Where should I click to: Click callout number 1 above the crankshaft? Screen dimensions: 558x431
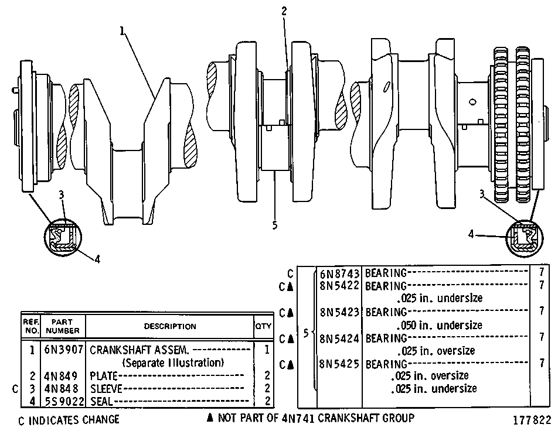click(123, 31)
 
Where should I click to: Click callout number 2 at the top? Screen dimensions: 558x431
click(284, 11)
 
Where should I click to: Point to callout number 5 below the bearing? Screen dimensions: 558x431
click(274, 225)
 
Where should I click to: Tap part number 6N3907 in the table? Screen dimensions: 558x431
click(64, 350)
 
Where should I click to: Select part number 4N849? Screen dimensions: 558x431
click(60, 375)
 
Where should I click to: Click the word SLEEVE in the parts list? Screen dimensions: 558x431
click(106, 388)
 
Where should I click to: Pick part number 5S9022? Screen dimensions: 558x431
click(64, 402)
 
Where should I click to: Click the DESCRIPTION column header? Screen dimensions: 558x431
click(170, 326)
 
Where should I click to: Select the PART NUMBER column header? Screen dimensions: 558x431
click(63, 326)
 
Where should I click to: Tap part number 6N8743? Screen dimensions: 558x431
click(339, 273)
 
